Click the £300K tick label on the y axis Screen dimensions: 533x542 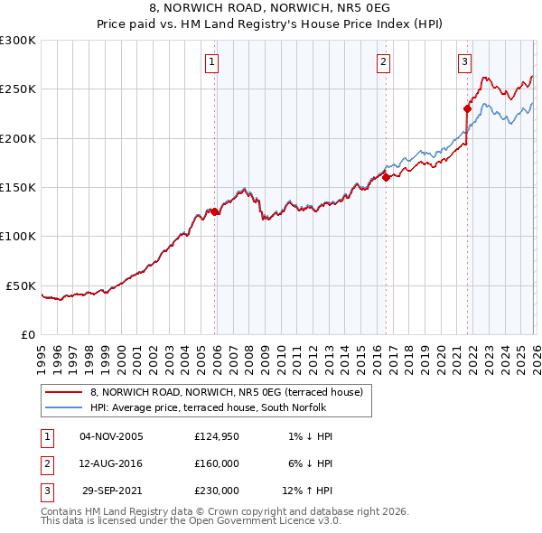tap(18, 41)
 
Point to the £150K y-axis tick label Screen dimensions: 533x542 tap(18, 188)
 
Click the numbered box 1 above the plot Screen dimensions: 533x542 tap(211, 62)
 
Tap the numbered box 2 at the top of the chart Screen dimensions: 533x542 tap(383, 62)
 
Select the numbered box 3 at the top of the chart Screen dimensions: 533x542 tap(464, 62)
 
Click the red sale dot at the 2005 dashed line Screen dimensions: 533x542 tap(215, 211)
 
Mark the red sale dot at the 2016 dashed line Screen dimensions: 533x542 tap(386, 177)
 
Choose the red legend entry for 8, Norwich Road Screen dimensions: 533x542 tap(226, 392)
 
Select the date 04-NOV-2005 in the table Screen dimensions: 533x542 tap(112, 436)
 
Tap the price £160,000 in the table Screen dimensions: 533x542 tap(217, 463)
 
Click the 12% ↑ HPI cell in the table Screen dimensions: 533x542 tap(309, 491)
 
